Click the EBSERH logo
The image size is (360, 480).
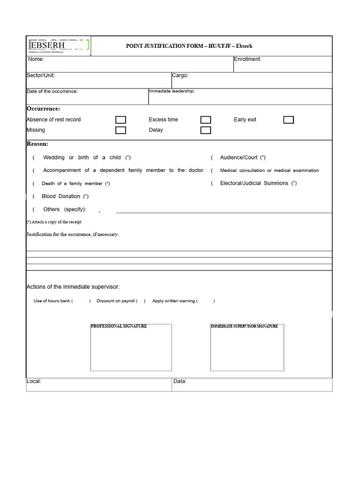pyautogui.click(x=59, y=46)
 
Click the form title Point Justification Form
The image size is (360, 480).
pyautogui.click(x=189, y=46)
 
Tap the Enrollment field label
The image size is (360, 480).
pyautogui.click(x=247, y=60)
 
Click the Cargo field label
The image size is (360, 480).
pyautogui.click(x=180, y=75)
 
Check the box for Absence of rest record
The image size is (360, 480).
pyautogui.click(x=120, y=120)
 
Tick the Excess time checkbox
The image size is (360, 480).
pyautogui.click(x=205, y=120)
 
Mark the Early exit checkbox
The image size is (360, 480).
pyautogui.click(x=289, y=120)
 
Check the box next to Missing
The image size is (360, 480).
pyautogui.click(x=120, y=130)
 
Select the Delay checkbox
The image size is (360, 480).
pyautogui.click(x=205, y=130)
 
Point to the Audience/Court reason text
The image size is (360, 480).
pyautogui.click(x=242, y=158)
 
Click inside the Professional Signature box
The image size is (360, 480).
pyautogui.click(x=131, y=349)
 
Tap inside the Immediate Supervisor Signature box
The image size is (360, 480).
pyautogui.click(x=247, y=349)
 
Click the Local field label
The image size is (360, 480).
pyautogui.click(x=34, y=382)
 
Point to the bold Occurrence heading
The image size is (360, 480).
pyautogui.click(x=43, y=109)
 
